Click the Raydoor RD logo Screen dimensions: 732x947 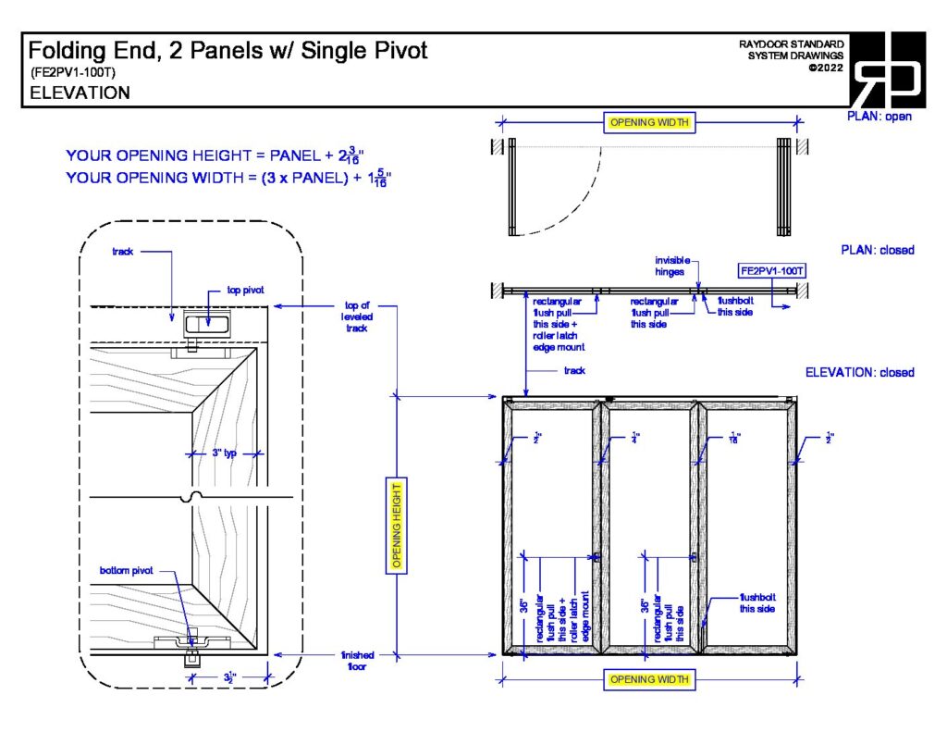coord(888,70)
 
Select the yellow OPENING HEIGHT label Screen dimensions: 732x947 coord(398,526)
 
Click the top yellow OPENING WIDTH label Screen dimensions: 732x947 coord(650,123)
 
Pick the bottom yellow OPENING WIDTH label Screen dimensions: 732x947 coord(650,680)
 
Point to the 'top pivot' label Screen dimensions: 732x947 coord(245,291)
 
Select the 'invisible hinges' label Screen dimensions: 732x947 coord(672,266)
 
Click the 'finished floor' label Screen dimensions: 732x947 coord(357,660)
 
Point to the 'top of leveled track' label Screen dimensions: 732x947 coord(357,316)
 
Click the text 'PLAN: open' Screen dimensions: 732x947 coord(879,117)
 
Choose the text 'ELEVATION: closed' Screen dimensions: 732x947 coord(859,372)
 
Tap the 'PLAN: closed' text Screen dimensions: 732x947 coord(877,250)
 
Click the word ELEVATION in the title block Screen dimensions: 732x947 coord(80,93)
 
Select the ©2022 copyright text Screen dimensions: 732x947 coord(825,68)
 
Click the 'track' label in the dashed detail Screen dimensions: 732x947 coord(124,251)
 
